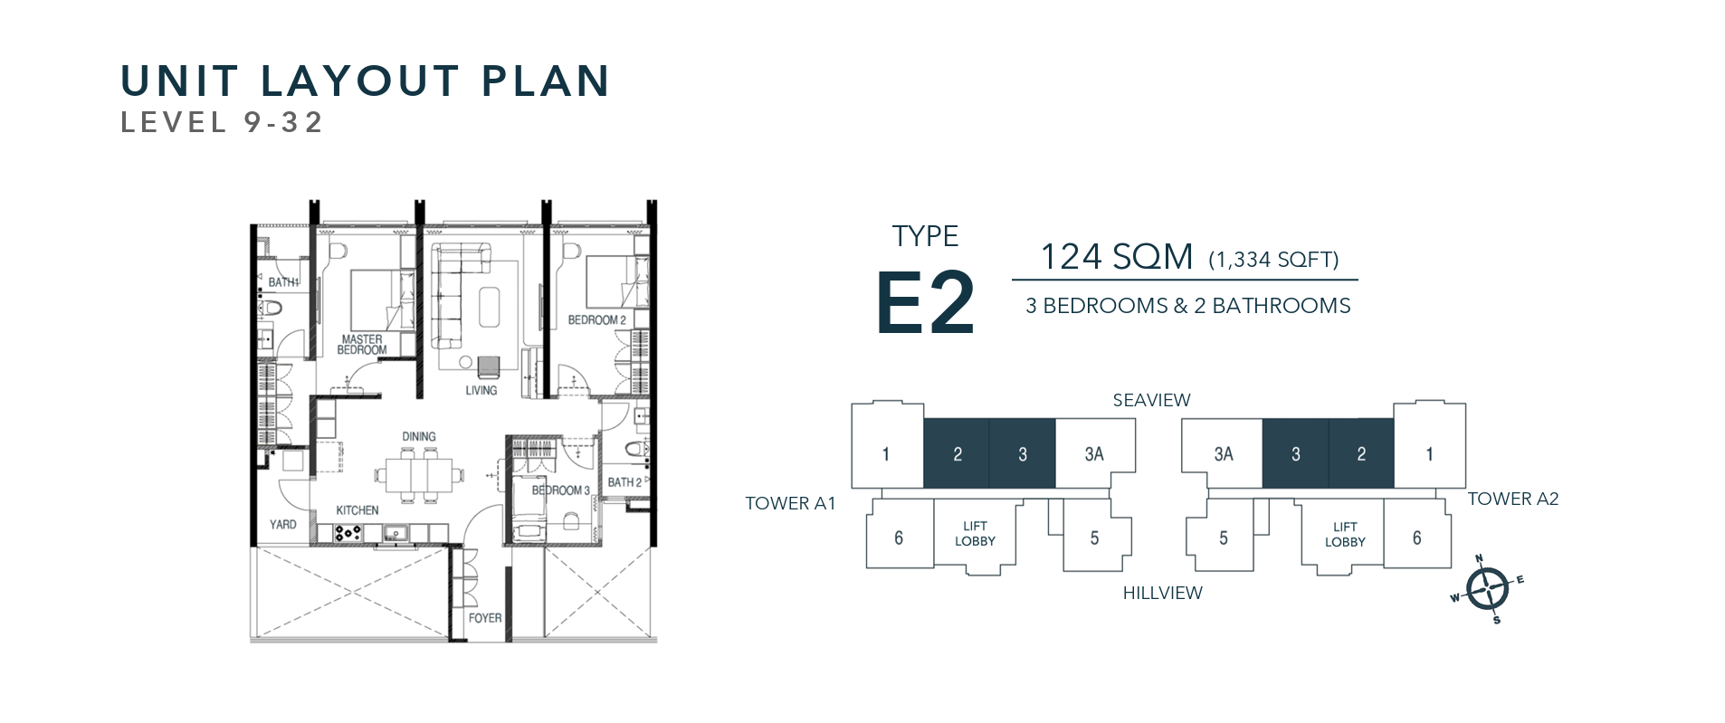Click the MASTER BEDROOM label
tap(362, 345)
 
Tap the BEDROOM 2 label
tap(596, 319)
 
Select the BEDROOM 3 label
tap(560, 490)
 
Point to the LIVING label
tap(481, 390)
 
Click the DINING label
tap(419, 436)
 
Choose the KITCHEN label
tap(357, 510)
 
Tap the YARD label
tap(283, 524)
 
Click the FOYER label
tap(485, 618)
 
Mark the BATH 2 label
tap(624, 482)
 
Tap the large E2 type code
tap(925, 303)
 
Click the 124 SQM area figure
tap(1116, 257)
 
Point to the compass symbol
tap(1486, 589)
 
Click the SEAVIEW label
tap(1151, 400)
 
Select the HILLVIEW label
tap(1162, 593)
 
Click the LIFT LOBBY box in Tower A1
tap(975, 534)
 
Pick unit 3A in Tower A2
tap(1223, 453)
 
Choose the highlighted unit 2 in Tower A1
tap(957, 453)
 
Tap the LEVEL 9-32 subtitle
tap(222, 122)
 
